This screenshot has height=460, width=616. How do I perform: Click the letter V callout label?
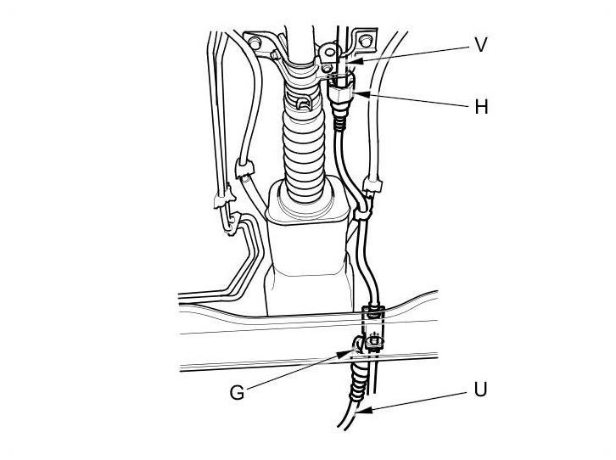(x=480, y=45)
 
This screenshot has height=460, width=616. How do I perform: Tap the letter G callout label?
(x=238, y=392)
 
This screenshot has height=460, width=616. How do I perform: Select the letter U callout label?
(x=481, y=391)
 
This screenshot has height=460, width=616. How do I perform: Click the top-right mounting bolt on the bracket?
(x=365, y=39)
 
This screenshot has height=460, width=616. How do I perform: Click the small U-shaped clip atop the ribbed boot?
(x=305, y=104)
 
